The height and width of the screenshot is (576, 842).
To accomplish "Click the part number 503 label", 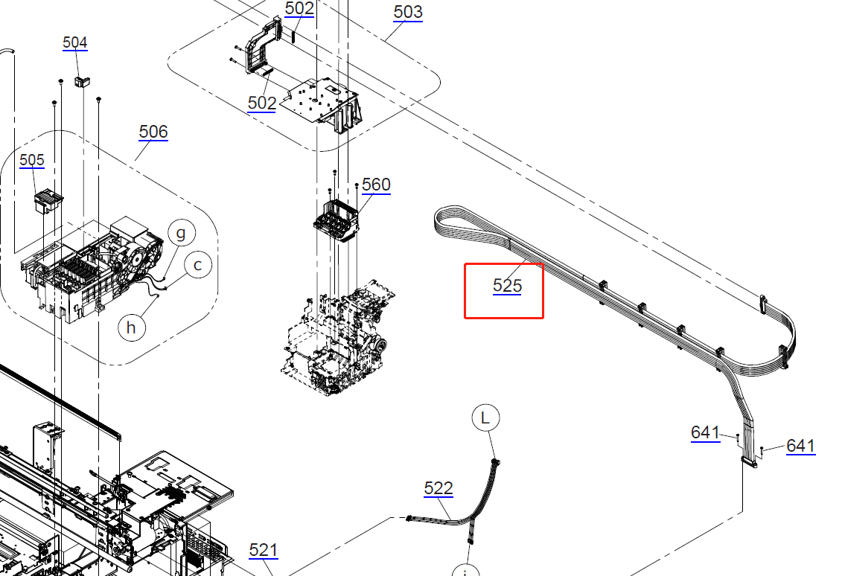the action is pyautogui.click(x=408, y=12).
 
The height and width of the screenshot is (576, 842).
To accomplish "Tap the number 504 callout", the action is pyautogui.click(x=74, y=42).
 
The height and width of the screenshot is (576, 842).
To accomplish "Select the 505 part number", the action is pyautogui.click(x=32, y=160).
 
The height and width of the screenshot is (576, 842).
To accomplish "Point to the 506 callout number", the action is pyautogui.click(x=153, y=132).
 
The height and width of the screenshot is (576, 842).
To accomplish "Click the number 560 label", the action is pyautogui.click(x=376, y=185).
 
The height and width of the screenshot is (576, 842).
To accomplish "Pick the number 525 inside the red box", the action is pyautogui.click(x=507, y=286).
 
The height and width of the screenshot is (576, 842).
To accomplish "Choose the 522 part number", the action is pyautogui.click(x=438, y=488).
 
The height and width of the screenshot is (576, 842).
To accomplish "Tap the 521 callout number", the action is pyautogui.click(x=263, y=550).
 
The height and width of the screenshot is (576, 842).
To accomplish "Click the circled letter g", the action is pyautogui.click(x=182, y=233).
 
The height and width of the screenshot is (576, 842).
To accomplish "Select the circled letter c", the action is pyautogui.click(x=198, y=265).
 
